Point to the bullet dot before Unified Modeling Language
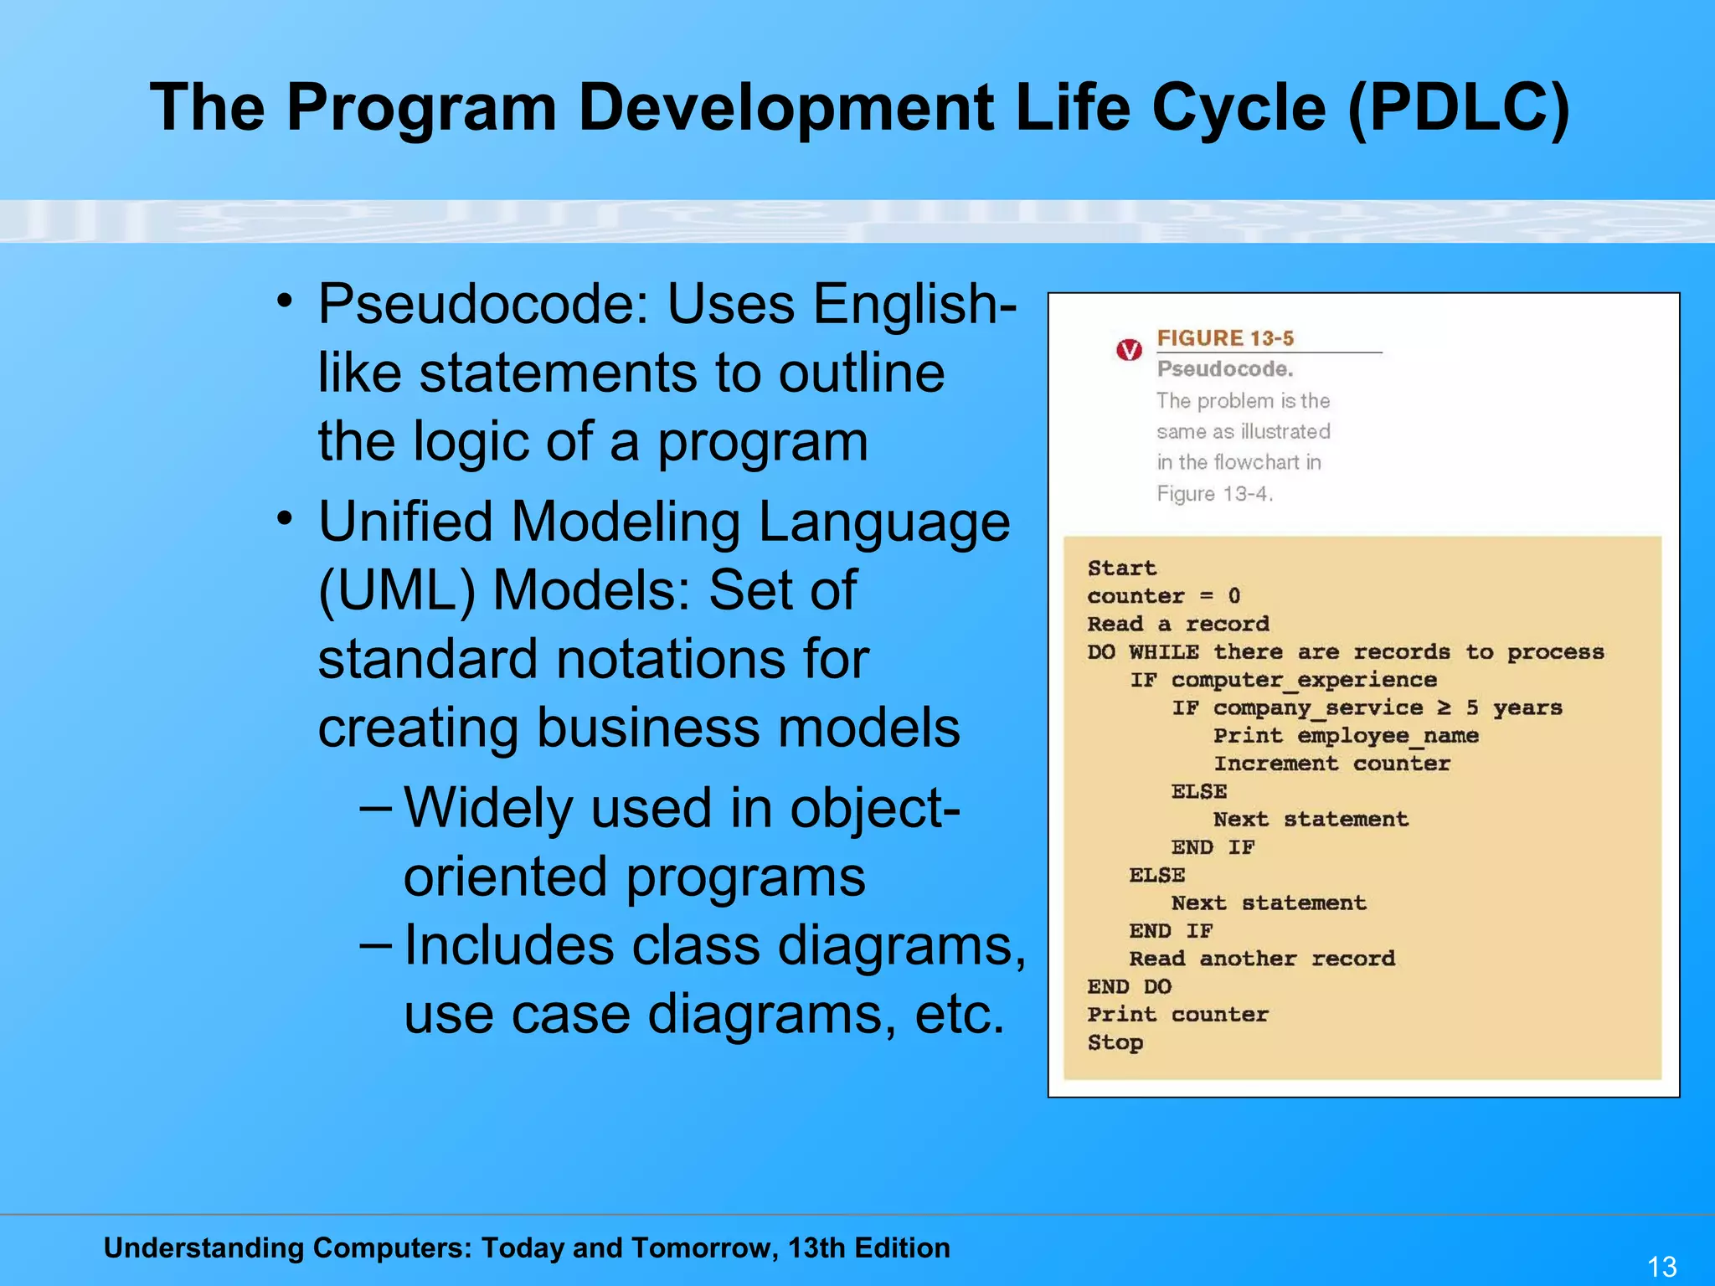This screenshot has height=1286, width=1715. click(286, 519)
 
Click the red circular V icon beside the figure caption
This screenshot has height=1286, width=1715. click(1129, 350)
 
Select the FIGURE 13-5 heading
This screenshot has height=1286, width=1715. click(1225, 338)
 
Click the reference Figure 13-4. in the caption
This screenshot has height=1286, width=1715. click(1214, 494)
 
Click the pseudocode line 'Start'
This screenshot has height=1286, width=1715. click(1121, 568)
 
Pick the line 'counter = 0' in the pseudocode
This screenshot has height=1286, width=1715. click(1163, 596)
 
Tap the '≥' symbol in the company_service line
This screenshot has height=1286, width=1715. click(1444, 707)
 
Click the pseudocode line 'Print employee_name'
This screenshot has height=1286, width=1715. click(1346, 736)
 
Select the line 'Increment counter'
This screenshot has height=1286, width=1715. click(1331, 764)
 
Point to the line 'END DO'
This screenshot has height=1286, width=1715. click(1129, 986)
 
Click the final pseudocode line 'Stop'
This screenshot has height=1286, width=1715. click(1115, 1042)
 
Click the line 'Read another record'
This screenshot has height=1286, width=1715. click(1262, 959)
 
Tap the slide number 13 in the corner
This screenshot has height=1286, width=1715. click(1661, 1266)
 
